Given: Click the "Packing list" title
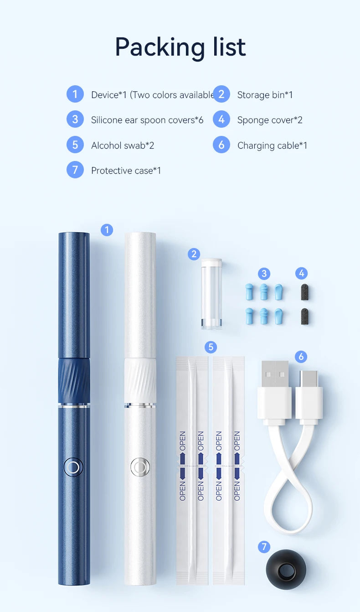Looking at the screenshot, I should pos(180,47).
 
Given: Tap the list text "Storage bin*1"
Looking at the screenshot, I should pos(265,95).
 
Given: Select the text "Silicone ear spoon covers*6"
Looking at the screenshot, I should pos(147,120).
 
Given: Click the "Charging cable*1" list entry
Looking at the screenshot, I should pos(272,145).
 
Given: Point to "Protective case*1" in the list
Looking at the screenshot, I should pos(126,171).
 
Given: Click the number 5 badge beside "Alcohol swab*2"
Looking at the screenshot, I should pos(75,145).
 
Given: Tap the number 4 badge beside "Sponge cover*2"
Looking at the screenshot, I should pos(221,119).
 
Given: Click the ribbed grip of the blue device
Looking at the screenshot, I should pos(74,380).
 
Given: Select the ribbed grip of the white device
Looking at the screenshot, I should pos(140,380).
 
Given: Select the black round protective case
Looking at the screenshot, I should pos(286,570).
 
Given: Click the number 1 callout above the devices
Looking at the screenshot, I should pos(107,230).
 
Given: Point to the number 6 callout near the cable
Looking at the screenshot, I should pos(301,357).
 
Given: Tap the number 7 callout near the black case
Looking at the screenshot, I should pos(264,547).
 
